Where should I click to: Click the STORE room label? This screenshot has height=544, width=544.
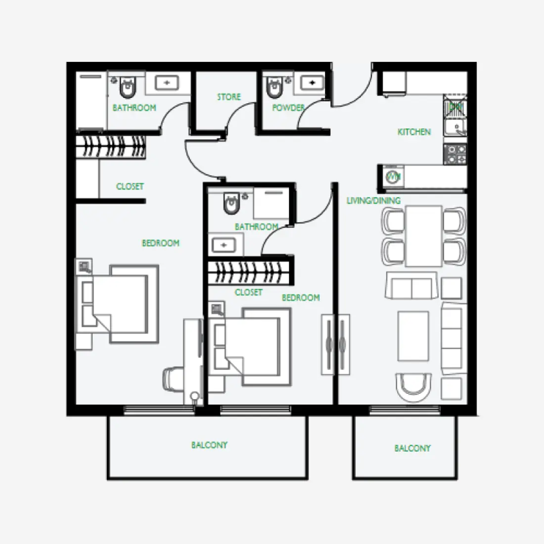(x=228, y=97)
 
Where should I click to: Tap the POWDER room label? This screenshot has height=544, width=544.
(x=288, y=107)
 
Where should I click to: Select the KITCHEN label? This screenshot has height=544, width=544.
(x=414, y=132)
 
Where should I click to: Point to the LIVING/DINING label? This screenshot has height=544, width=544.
(x=373, y=201)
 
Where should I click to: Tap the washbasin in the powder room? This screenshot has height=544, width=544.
(x=312, y=83)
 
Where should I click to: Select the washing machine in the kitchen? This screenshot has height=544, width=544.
(x=393, y=177)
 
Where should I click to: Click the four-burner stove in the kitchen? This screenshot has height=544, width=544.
(x=455, y=154)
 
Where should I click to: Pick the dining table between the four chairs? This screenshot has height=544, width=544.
(x=423, y=235)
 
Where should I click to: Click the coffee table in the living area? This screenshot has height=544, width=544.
(x=413, y=336)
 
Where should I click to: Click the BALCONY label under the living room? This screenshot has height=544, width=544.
(x=412, y=449)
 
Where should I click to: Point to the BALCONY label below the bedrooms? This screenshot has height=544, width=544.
(x=209, y=445)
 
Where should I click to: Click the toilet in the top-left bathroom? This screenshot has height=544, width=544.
(x=127, y=88)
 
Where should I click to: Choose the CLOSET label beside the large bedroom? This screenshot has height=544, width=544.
(x=130, y=186)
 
